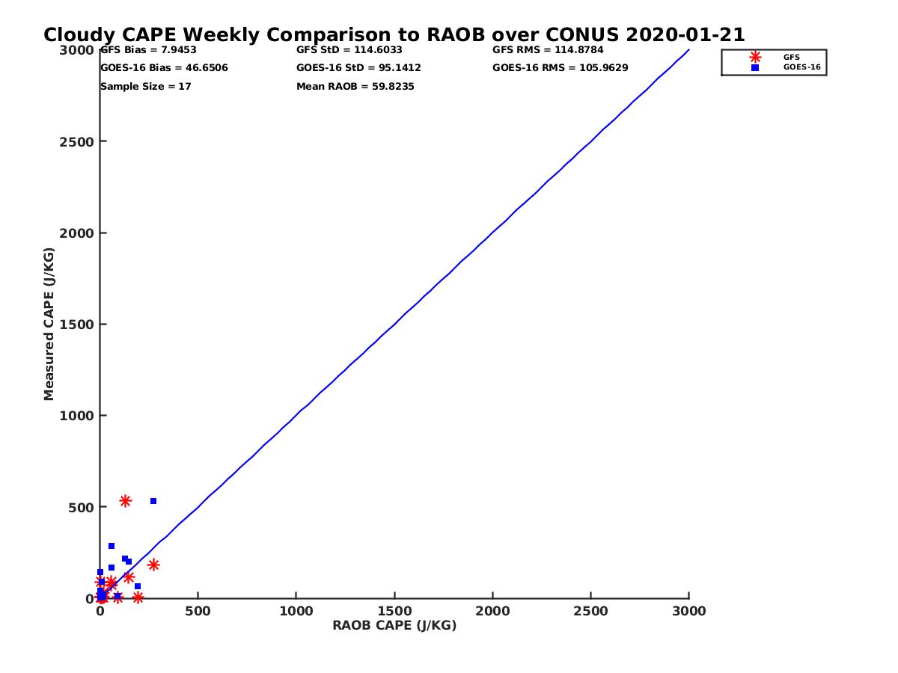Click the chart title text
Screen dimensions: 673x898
pos(394,35)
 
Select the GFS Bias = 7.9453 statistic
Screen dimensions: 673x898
pos(148,50)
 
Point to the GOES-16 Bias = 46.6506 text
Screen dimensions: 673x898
pos(164,68)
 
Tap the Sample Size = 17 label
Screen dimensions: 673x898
pos(146,87)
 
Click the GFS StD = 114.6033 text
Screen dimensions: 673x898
pos(349,50)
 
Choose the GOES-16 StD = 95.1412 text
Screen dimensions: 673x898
pos(358,68)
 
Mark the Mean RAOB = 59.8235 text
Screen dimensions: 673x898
pos(355,87)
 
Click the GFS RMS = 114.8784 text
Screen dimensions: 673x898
pos(548,50)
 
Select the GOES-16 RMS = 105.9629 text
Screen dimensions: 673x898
pos(560,68)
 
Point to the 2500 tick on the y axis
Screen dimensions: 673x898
pos(74,141)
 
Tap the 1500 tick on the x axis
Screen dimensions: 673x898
pos(394,612)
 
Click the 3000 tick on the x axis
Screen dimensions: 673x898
pos(689,612)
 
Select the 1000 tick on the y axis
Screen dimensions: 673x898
pos(74,416)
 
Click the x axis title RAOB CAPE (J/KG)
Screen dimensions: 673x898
pos(394,626)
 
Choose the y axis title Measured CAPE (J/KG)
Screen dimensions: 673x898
pos(49,325)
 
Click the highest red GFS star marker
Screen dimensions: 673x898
pos(125,501)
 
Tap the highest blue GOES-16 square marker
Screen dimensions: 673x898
pos(153,501)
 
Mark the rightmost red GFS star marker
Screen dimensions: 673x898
pos(153,565)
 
